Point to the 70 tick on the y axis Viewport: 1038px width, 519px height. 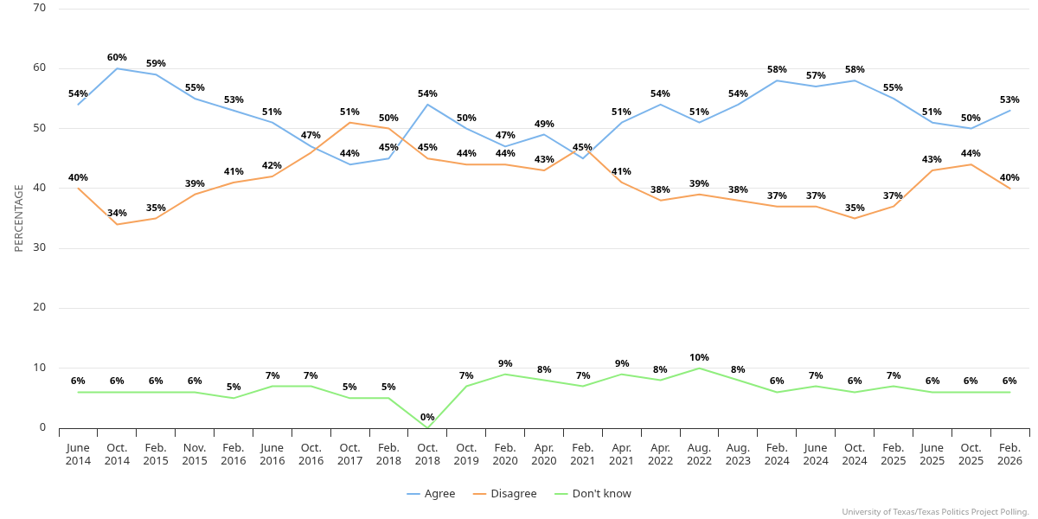coord(40,8)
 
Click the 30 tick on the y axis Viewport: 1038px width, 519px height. coord(40,247)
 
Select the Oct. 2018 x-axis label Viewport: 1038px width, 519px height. coord(427,454)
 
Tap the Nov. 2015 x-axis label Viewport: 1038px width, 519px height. coord(195,454)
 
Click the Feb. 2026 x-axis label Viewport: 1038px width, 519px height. coord(1009,454)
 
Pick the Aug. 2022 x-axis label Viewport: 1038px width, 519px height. coord(699,454)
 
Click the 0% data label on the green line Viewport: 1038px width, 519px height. coord(427,417)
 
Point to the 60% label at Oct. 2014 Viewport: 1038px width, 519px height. coord(117,57)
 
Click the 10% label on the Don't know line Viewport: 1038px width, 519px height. coord(699,357)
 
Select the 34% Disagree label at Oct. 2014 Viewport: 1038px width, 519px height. coord(117,213)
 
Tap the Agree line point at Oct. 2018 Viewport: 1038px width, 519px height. coord(427,105)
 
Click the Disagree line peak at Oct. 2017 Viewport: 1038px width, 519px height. coord(349,122)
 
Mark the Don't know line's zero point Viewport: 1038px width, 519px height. coord(427,427)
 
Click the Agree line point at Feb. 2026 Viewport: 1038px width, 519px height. coord(1009,110)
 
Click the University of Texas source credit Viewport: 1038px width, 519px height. coord(935,512)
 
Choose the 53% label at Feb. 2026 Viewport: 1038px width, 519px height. coord(1009,99)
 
